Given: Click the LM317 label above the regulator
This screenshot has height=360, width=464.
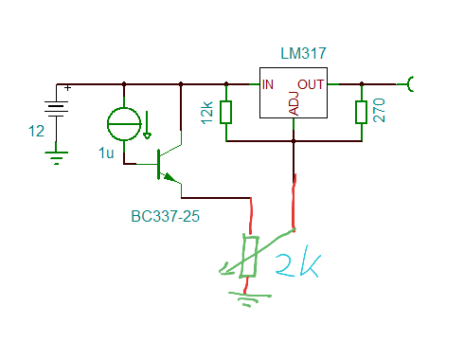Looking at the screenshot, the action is [303, 53].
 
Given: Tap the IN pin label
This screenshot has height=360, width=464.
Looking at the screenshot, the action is [268, 84].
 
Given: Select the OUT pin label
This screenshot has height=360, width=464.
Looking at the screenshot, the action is [311, 84].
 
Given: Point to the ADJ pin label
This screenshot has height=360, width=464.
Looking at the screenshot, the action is [294, 103].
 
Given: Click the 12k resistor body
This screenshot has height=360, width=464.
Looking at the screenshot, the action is [226, 112].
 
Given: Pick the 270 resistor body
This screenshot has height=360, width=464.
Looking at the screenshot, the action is [362, 112].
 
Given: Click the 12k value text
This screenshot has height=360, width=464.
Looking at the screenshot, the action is [207, 113].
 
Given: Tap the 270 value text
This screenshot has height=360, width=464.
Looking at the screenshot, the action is [379, 110].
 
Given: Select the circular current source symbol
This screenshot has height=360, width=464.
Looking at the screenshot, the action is [124, 124].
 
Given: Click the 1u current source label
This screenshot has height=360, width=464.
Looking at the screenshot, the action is [106, 153].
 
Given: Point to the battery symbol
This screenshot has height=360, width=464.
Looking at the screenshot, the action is [56, 109].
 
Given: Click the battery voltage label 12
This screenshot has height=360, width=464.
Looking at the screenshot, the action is [36, 131].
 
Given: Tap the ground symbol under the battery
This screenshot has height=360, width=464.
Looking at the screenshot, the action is [56, 158].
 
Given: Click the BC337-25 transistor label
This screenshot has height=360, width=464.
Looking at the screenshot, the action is [165, 217].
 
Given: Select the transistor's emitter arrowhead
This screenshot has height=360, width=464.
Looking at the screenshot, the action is [169, 177].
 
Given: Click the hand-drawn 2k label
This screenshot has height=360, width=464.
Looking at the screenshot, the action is [298, 265].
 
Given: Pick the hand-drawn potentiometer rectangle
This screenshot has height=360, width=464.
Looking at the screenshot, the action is [250, 257].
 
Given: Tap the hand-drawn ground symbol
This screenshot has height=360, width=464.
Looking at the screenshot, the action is [249, 298].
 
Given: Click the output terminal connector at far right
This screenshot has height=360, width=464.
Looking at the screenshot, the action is [410, 84].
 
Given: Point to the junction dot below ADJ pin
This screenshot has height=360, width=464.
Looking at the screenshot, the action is [294, 141].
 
